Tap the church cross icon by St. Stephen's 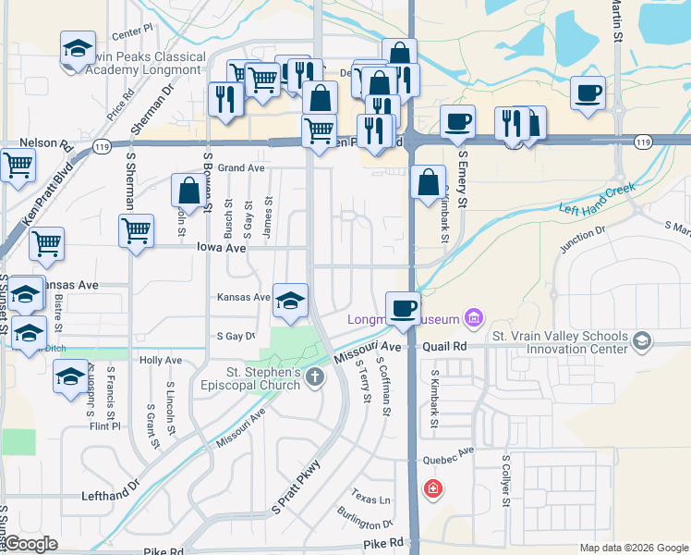[316, 376]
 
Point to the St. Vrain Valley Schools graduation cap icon [640, 342]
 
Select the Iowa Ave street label [221, 248]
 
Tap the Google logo [31, 544]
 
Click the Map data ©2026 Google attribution [633, 548]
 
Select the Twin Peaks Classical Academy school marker [78, 48]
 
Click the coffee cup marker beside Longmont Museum [402, 307]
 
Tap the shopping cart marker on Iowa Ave [136, 228]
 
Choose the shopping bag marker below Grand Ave [188, 191]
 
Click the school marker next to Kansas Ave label [290, 302]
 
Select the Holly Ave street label [160, 360]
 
